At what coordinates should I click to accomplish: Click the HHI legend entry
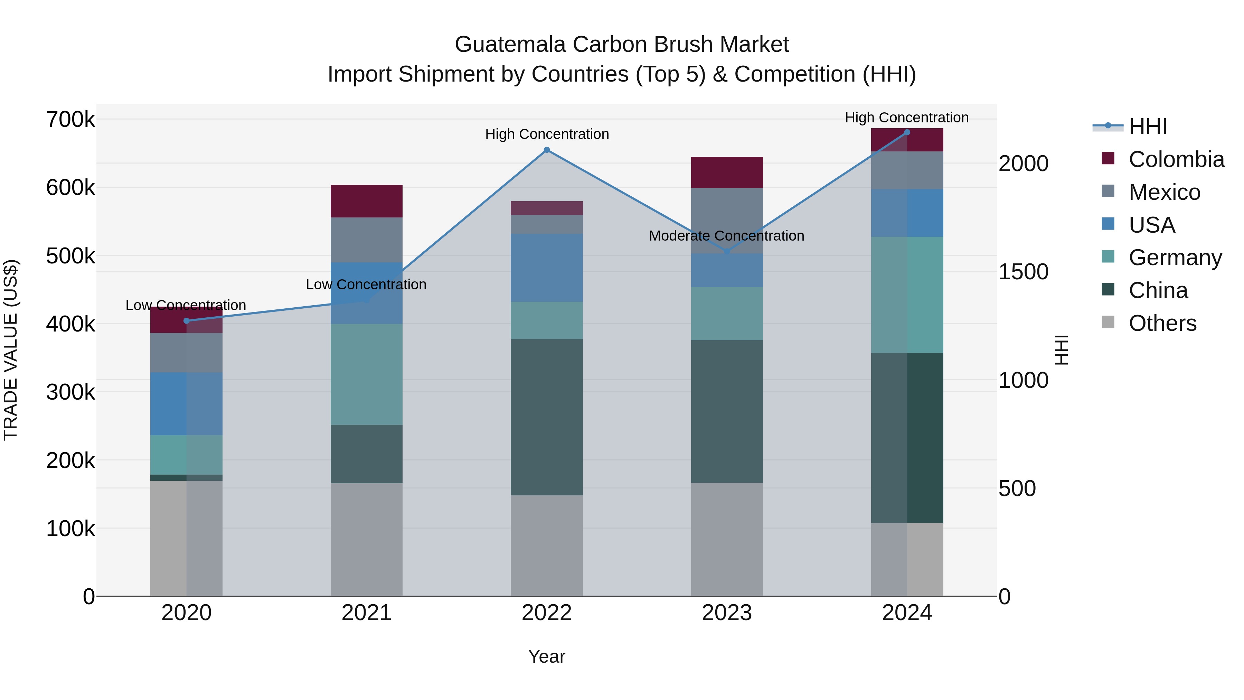(x=1147, y=127)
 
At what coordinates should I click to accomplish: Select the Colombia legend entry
(x=1176, y=159)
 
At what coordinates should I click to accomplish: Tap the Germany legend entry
(x=1175, y=258)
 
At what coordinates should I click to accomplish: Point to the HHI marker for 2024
(x=907, y=132)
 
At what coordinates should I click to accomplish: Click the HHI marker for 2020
(x=186, y=321)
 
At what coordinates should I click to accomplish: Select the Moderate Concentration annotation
(x=726, y=236)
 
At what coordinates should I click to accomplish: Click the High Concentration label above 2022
(x=547, y=134)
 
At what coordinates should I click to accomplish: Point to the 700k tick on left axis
(x=70, y=119)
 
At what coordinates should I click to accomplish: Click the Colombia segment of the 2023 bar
(x=727, y=172)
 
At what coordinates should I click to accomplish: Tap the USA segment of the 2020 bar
(x=186, y=403)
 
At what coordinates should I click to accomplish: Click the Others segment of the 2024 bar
(x=907, y=559)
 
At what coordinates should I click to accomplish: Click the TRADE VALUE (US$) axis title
(x=11, y=350)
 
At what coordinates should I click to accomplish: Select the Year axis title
(x=547, y=656)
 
